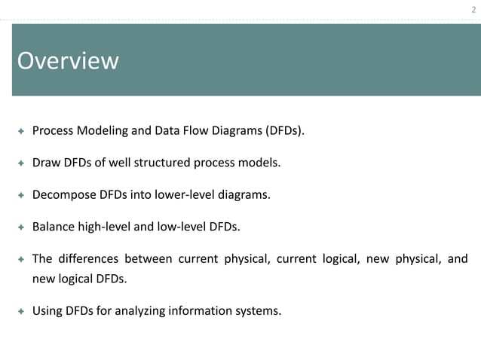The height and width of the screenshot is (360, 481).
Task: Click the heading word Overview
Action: tap(68, 61)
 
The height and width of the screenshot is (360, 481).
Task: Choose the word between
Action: tap(148, 259)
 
